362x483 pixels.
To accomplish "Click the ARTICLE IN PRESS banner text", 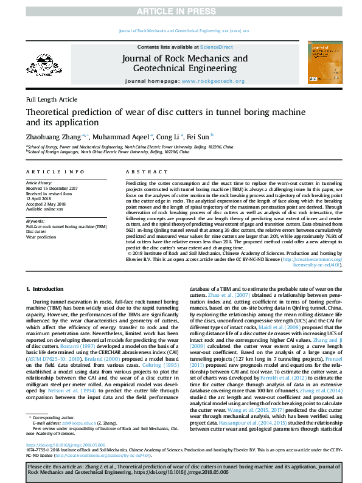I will pos(181,12).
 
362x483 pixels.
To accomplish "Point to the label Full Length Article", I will pos(52,99).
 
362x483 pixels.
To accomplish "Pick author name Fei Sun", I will pos(200,137).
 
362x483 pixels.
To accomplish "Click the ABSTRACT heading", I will pos(142,172).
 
